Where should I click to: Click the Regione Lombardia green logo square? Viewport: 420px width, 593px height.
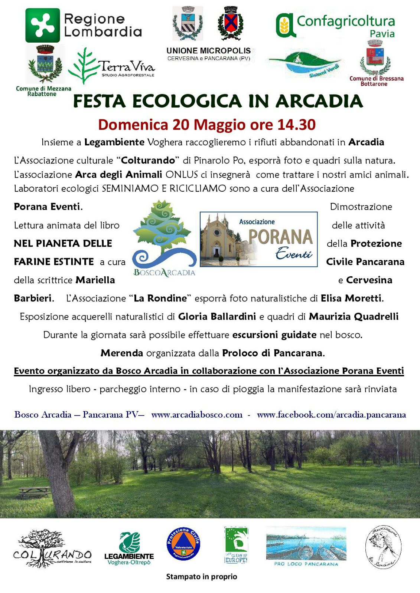point(42,25)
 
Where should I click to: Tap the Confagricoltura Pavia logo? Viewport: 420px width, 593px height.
point(335,26)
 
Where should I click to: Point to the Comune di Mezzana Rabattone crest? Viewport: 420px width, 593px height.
point(45,64)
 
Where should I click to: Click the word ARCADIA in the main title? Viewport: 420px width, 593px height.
point(319,101)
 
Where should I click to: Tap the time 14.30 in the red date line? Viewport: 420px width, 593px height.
point(296,125)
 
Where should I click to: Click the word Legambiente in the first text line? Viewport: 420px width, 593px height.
point(114,142)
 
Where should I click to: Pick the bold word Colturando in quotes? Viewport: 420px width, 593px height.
point(148,161)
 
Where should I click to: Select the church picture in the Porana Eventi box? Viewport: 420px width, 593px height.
point(219,239)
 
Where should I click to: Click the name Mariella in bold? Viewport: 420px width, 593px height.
point(95,280)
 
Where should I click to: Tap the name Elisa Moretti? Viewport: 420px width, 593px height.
point(351,298)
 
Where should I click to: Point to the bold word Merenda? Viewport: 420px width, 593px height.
point(121,353)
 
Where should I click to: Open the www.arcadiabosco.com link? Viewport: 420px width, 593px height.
point(196,415)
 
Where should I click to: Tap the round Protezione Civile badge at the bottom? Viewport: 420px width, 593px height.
point(183,544)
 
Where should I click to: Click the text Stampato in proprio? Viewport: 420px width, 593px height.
point(201,577)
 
